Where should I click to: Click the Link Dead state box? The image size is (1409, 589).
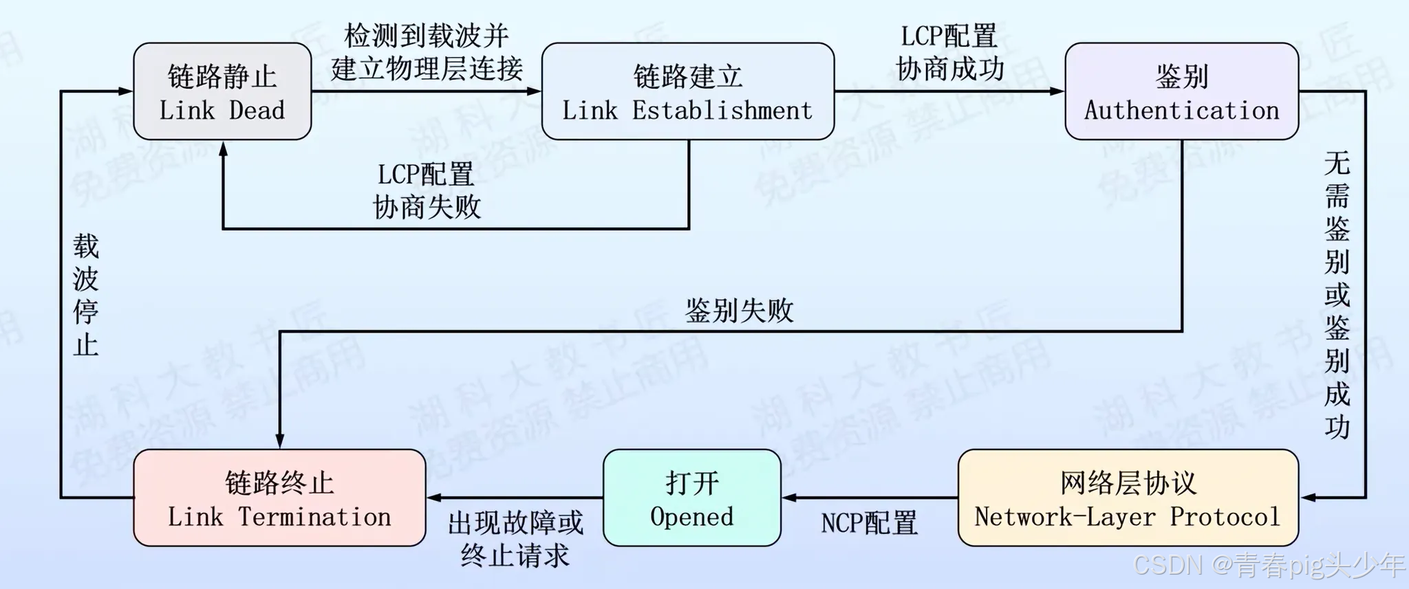click(x=222, y=91)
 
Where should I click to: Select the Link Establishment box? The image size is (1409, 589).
click(x=687, y=91)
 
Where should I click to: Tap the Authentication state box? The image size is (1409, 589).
click(x=1181, y=91)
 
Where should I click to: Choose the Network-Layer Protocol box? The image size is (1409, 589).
click(x=1128, y=498)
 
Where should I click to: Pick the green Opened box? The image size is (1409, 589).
click(x=691, y=498)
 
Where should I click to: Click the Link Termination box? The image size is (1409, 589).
click(x=279, y=498)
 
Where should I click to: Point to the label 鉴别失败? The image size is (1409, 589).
click(x=739, y=311)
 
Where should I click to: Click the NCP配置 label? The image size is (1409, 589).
click(x=869, y=524)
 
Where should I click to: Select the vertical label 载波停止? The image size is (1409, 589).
click(x=86, y=296)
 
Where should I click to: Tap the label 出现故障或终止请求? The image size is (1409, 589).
click(x=515, y=540)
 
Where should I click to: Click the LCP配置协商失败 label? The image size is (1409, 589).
click(x=427, y=190)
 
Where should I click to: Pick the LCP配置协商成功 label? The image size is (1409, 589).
click(x=949, y=53)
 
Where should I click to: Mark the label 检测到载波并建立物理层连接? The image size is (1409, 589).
click(x=427, y=52)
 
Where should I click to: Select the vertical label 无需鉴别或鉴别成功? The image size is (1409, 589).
click(x=1337, y=296)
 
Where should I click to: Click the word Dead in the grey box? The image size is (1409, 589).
click(x=257, y=111)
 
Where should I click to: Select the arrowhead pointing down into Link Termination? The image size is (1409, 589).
click(x=280, y=441)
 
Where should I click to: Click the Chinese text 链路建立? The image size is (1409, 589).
click(x=687, y=77)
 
